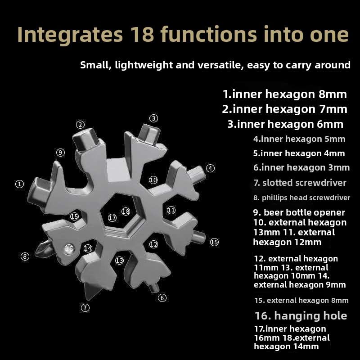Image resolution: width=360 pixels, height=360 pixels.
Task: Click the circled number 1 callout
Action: click(x=19, y=184)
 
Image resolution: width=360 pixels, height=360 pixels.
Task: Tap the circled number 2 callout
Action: click(x=80, y=125)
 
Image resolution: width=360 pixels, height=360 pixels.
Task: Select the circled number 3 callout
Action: click(x=154, y=118)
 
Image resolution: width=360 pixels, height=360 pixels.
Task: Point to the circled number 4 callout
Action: click(x=210, y=168)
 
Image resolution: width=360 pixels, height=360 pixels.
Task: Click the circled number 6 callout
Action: click(x=162, y=297)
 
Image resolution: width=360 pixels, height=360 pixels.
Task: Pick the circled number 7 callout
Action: click(x=85, y=308)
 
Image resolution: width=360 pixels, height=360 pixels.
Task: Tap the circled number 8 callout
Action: click(x=25, y=256)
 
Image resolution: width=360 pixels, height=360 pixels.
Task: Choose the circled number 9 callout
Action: click(x=60, y=152)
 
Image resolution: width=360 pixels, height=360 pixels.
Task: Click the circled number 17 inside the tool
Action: click(x=112, y=218)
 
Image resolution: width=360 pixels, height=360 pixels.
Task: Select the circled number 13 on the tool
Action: click(x=119, y=260)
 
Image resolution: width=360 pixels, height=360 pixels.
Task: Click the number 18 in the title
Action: click(x=143, y=35)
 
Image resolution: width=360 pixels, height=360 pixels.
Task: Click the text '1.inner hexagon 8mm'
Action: click(x=285, y=94)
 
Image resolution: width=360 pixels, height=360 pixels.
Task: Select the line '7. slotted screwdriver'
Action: click(x=300, y=183)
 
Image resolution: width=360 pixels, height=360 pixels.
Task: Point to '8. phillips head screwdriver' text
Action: click(x=301, y=198)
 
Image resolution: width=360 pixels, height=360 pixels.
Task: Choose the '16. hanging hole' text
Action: click(x=301, y=315)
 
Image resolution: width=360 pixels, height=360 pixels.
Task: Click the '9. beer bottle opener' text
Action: click(x=299, y=212)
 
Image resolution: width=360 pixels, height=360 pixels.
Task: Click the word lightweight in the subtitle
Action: click(x=145, y=65)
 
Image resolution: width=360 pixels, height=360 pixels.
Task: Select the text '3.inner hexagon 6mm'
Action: click(x=285, y=124)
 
